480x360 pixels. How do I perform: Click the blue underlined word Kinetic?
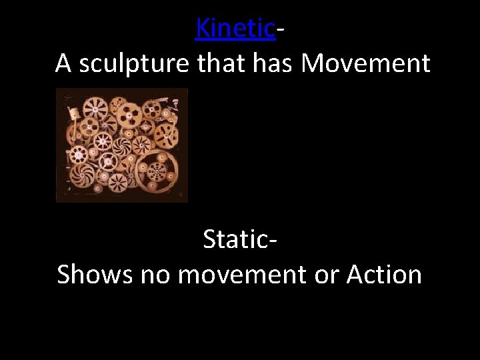235,28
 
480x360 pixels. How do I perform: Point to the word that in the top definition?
223,63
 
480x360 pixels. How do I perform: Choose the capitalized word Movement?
365,63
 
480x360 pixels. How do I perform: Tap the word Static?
235,239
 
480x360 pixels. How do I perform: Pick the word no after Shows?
153,274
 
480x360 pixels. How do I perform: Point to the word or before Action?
327,274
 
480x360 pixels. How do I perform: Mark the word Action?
384,274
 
